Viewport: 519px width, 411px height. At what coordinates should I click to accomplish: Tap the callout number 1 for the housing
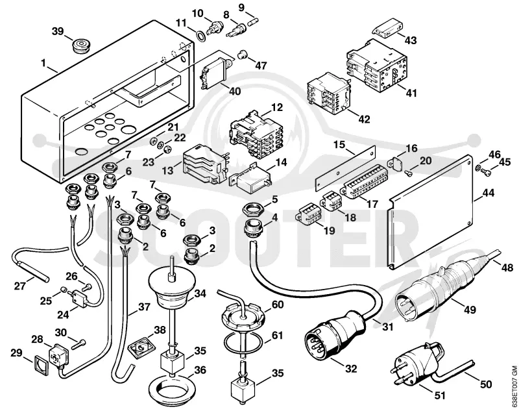point(43,62)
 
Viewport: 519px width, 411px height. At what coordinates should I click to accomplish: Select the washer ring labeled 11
point(200,36)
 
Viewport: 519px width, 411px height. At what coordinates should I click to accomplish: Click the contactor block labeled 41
point(376,64)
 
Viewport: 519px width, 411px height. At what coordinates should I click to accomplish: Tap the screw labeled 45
point(486,171)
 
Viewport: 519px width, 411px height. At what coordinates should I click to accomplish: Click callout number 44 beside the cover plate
point(489,192)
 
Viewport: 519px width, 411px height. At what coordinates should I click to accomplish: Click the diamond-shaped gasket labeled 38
point(142,347)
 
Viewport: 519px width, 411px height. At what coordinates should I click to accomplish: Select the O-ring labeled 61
point(243,344)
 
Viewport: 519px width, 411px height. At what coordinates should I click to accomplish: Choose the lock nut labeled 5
point(252,209)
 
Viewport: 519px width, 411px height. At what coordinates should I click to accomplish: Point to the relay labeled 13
point(204,165)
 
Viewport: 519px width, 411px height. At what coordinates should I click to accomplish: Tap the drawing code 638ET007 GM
point(514,386)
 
